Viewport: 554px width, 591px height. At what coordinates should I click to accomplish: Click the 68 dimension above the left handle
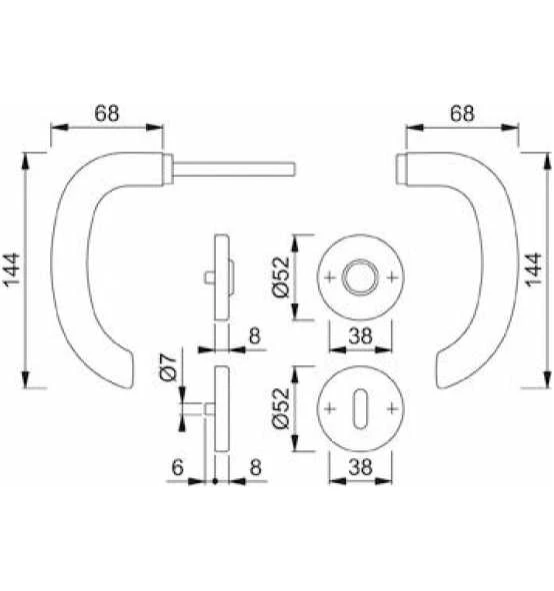106,114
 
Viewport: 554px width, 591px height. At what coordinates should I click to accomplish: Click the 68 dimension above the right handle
462,114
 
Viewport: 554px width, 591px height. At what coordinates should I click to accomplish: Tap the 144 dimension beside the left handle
12,270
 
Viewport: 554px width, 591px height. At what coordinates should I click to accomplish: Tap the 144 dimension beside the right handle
534,270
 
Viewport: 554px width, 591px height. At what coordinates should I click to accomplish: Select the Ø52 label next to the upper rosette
281,278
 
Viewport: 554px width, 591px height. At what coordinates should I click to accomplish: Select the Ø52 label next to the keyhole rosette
281,408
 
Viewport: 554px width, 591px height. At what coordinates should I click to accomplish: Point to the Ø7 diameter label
168,366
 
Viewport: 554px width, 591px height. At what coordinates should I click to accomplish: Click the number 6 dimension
177,467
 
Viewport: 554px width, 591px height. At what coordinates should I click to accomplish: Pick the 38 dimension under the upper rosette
360,335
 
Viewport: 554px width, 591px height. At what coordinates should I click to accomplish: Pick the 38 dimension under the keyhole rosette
360,467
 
